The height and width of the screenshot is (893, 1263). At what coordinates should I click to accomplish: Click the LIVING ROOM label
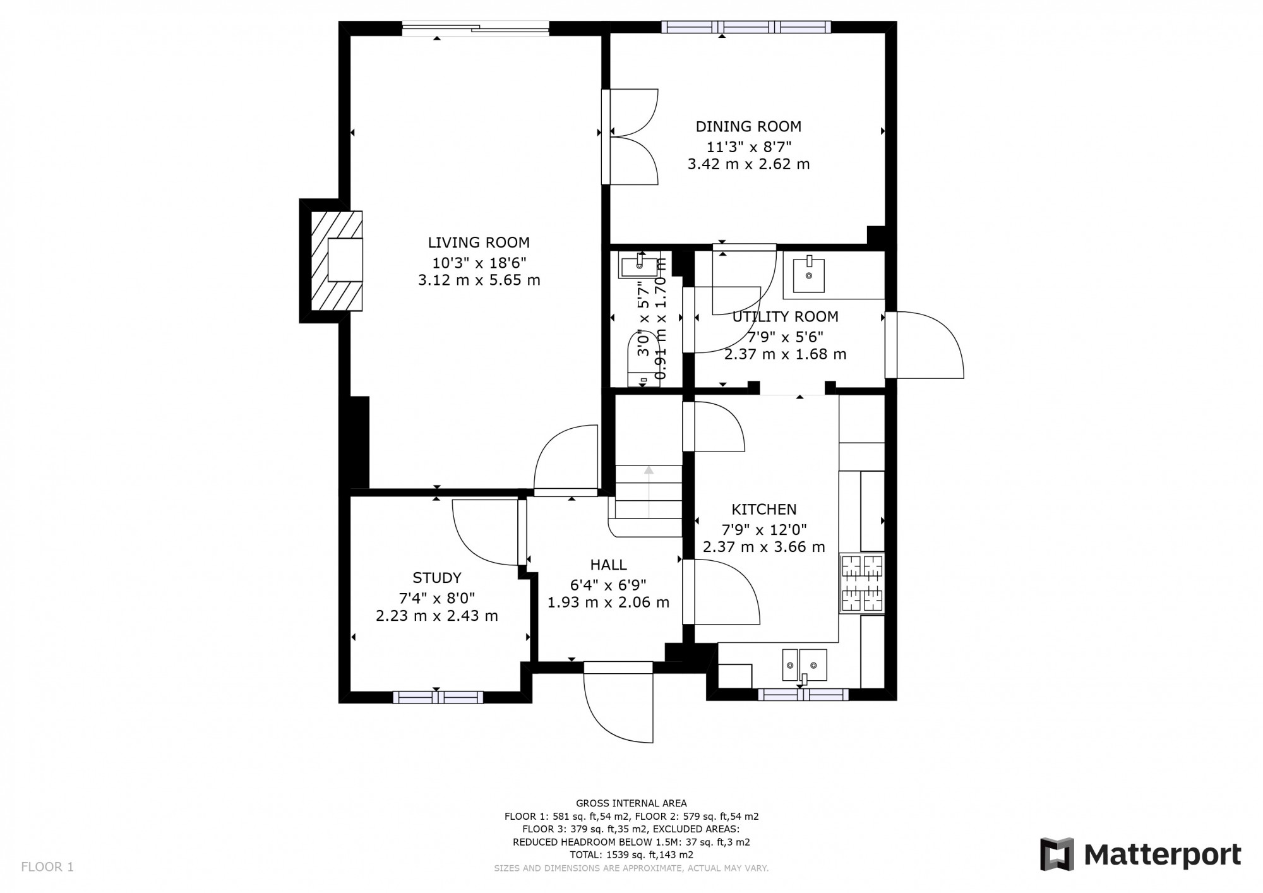(479, 243)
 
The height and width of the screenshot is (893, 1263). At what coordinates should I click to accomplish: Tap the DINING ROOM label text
(748, 126)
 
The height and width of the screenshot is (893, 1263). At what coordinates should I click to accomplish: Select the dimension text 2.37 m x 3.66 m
(763, 547)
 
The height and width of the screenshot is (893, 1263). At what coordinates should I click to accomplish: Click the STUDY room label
(436, 578)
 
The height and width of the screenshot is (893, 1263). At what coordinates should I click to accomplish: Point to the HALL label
(608, 565)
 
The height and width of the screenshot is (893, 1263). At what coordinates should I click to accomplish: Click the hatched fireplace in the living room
(337, 260)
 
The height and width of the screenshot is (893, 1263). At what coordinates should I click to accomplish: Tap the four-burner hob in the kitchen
(861, 584)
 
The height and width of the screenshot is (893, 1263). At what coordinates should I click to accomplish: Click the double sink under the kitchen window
(804, 665)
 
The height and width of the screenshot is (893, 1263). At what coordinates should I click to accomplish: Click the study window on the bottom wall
(438, 697)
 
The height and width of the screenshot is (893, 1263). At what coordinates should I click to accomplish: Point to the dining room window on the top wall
(746, 27)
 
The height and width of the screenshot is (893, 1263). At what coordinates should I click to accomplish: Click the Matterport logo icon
(1057, 854)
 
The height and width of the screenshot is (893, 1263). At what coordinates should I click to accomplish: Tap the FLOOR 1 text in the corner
(47, 867)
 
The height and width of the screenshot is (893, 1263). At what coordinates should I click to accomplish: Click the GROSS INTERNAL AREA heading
(631, 803)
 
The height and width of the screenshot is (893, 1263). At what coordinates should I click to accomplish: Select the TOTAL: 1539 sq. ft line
(631, 855)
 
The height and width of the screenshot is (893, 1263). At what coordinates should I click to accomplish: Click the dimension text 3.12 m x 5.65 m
(479, 280)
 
